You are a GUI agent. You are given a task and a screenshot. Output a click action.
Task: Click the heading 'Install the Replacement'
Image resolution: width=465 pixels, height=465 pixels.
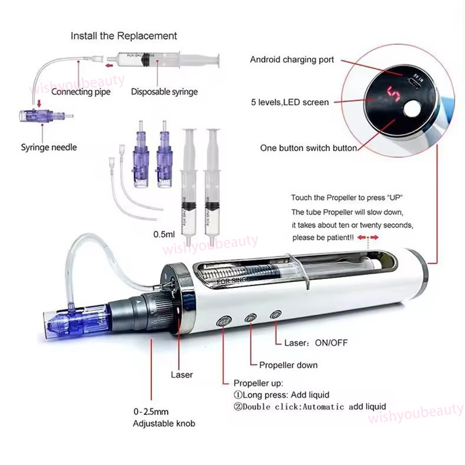pyautogui.click(x=124, y=36)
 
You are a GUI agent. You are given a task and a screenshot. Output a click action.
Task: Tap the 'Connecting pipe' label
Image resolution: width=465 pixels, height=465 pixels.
pyautogui.click(x=81, y=92)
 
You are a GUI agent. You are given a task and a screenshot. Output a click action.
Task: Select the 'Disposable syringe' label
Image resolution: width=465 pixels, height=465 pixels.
pyautogui.click(x=164, y=92)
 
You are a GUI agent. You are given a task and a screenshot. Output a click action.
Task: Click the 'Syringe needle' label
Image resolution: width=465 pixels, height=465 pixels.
pyautogui.click(x=49, y=147)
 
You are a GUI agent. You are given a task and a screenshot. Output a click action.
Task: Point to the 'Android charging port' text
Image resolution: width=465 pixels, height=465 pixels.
pyautogui.click(x=292, y=60)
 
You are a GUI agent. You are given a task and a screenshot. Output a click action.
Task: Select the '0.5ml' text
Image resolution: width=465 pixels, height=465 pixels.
pyautogui.click(x=164, y=234)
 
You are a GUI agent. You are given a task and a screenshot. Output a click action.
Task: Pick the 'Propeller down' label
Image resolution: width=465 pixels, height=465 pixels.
pyautogui.click(x=288, y=365)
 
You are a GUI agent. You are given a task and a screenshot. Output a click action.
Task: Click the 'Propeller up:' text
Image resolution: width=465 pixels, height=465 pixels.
pyautogui.click(x=258, y=383)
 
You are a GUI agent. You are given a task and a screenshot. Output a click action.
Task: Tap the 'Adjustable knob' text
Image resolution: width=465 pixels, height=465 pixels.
pyautogui.click(x=164, y=423)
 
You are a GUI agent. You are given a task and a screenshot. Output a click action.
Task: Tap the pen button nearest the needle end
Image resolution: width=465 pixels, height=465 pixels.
pyautogui.click(x=223, y=322)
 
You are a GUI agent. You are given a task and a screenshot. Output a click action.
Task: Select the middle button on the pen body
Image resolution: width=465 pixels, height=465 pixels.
pyautogui.click(x=250, y=318)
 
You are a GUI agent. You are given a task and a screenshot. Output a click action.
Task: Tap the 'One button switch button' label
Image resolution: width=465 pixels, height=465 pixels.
pyautogui.click(x=309, y=148)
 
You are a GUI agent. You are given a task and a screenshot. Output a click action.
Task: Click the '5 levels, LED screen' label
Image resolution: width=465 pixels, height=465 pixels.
pyautogui.click(x=290, y=103)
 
